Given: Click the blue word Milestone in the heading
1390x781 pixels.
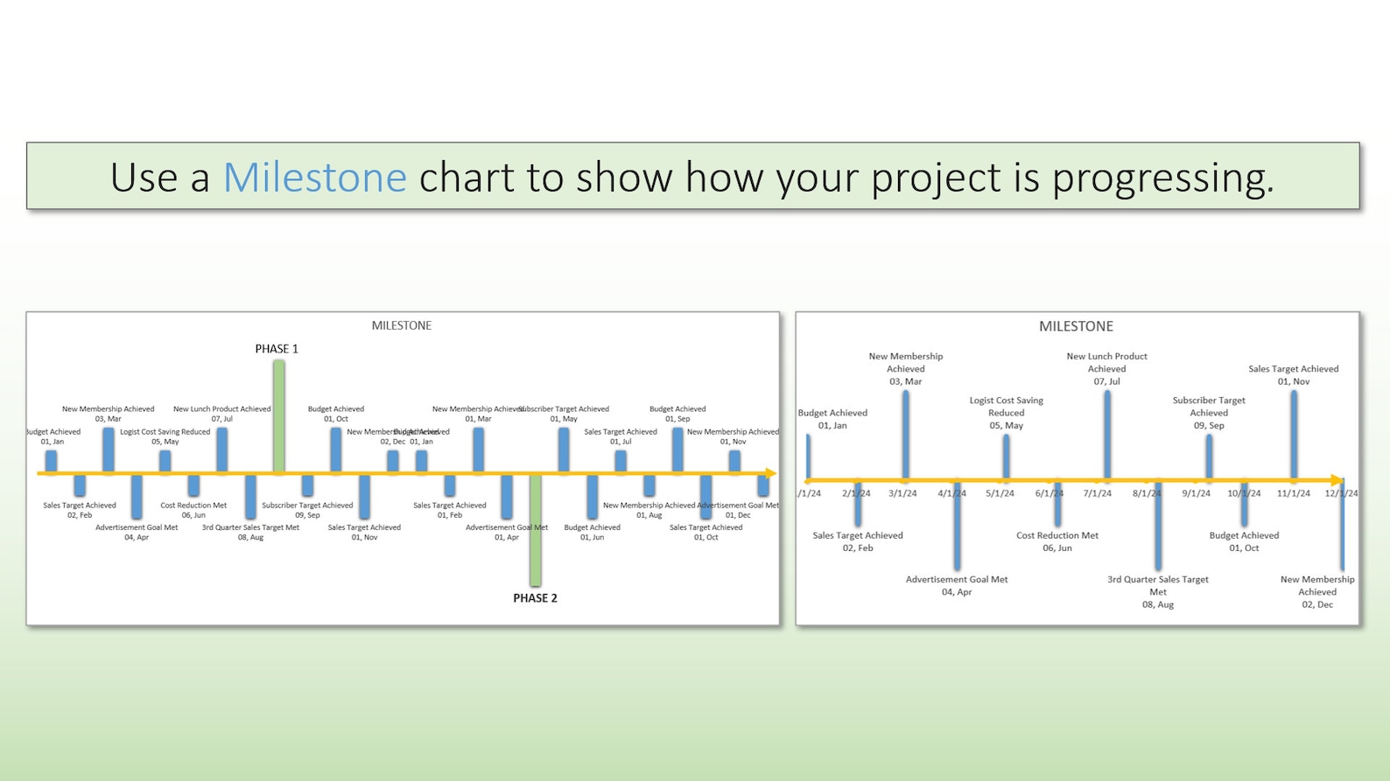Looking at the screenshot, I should (314, 178).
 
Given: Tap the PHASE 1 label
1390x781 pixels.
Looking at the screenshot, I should (277, 349).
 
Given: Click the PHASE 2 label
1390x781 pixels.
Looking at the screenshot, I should (535, 598).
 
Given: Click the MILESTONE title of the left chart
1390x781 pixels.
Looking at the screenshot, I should (401, 325).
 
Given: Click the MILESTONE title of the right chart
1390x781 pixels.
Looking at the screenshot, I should (1076, 326).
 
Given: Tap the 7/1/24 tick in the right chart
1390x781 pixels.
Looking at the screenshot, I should (1097, 493).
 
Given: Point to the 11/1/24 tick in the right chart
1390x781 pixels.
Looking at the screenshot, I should (1293, 493).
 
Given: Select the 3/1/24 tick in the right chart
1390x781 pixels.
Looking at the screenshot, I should (902, 493).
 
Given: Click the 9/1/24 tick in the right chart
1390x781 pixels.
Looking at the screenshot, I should (1196, 493).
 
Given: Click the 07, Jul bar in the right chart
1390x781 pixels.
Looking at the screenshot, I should (1107, 435).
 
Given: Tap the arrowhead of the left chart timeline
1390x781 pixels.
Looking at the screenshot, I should (770, 473).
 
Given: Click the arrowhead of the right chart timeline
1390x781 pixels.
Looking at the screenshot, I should (1337, 480).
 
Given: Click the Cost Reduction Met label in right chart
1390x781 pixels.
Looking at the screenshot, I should (1057, 535).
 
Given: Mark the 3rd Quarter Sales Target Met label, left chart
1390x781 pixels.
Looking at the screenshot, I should (250, 527).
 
